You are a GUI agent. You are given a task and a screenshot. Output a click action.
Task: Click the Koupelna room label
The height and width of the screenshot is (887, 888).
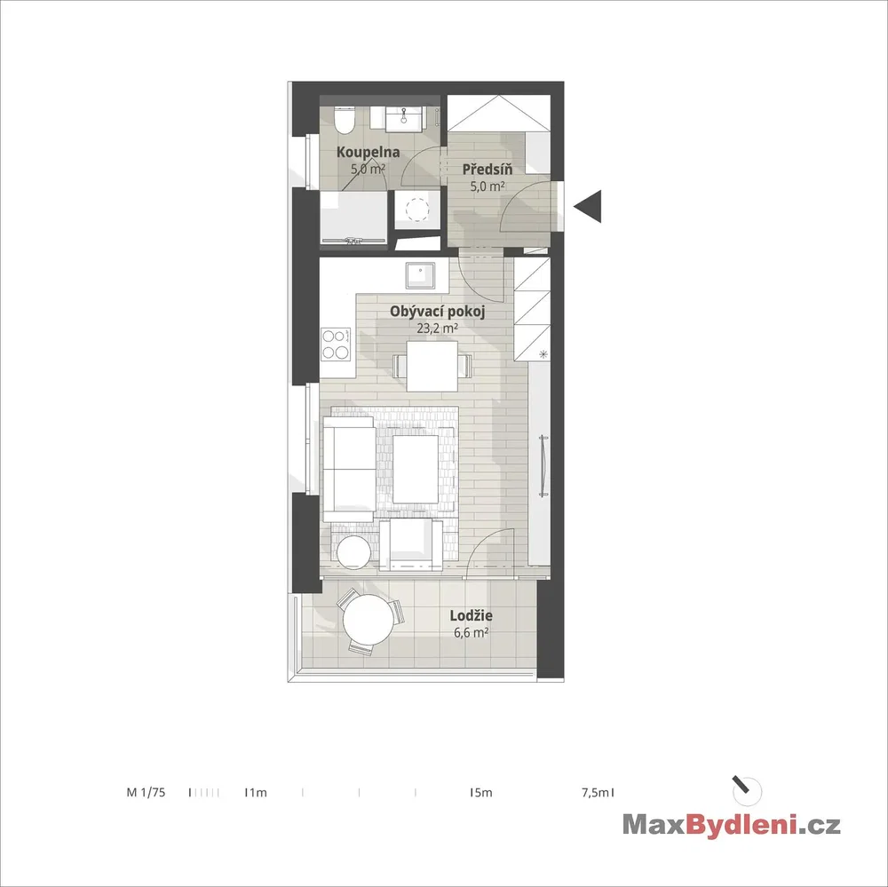click(369, 152)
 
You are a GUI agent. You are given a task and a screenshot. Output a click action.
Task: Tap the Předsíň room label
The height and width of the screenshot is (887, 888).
click(487, 169)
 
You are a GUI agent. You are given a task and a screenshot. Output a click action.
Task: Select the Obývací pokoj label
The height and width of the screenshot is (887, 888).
click(437, 312)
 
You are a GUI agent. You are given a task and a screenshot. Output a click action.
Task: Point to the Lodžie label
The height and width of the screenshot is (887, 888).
click(472, 615)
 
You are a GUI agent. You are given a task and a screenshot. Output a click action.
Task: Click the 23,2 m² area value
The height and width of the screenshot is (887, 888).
click(437, 328)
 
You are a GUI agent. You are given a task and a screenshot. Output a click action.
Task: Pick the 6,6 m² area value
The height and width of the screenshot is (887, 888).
click(472, 632)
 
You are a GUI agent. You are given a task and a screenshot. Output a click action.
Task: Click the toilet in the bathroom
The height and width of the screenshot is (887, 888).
click(345, 120)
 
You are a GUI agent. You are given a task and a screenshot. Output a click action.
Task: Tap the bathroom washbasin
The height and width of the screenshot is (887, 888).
click(403, 119)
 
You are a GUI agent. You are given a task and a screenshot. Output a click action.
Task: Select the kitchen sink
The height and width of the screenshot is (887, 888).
click(420, 276)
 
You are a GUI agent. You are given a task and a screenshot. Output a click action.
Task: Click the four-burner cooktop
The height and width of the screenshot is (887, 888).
click(336, 345)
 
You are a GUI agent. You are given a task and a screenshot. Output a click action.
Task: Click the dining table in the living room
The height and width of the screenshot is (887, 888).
click(432, 366)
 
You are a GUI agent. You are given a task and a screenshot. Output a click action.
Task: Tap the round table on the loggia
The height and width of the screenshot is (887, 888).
click(367, 619)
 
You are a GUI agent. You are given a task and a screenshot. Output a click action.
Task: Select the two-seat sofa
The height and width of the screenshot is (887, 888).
click(349, 469)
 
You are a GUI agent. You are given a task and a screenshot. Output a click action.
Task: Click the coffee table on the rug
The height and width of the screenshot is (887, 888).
click(416, 469)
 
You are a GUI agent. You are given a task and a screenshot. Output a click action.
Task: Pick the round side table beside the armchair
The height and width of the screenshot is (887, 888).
click(354, 550)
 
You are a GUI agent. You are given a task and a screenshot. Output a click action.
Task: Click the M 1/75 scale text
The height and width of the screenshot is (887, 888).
click(147, 792)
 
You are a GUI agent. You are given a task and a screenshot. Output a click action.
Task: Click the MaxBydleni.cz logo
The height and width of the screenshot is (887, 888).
click(731, 824)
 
